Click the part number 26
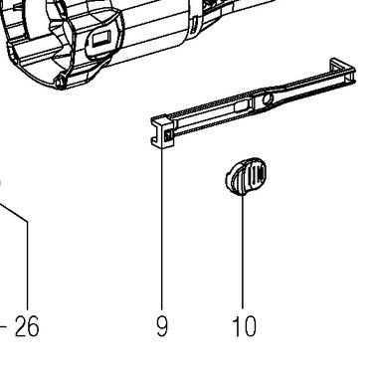tap(27, 326)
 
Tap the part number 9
tap(162, 326)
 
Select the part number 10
tap(245, 326)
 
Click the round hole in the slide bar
tap(268, 98)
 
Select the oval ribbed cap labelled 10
tap(246, 176)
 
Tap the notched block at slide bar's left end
tap(162, 131)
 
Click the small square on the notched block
tap(168, 135)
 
